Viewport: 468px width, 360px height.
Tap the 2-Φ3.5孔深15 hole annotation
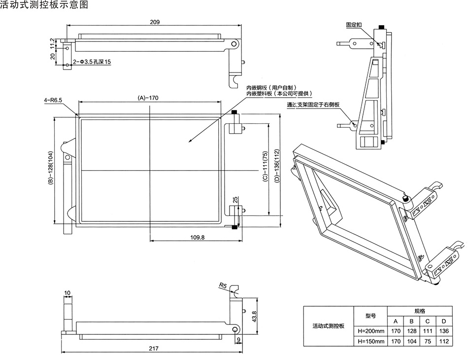pyautogui.click(x=93, y=62)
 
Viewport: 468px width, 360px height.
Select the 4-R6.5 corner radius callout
pyautogui.click(x=53, y=101)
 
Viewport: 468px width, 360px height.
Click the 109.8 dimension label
pyautogui.click(x=197, y=238)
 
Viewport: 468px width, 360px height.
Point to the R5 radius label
pyautogui.click(x=223, y=285)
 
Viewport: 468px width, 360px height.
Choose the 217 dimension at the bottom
pyautogui.click(x=153, y=349)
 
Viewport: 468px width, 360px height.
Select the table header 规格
pyautogui.click(x=420, y=312)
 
